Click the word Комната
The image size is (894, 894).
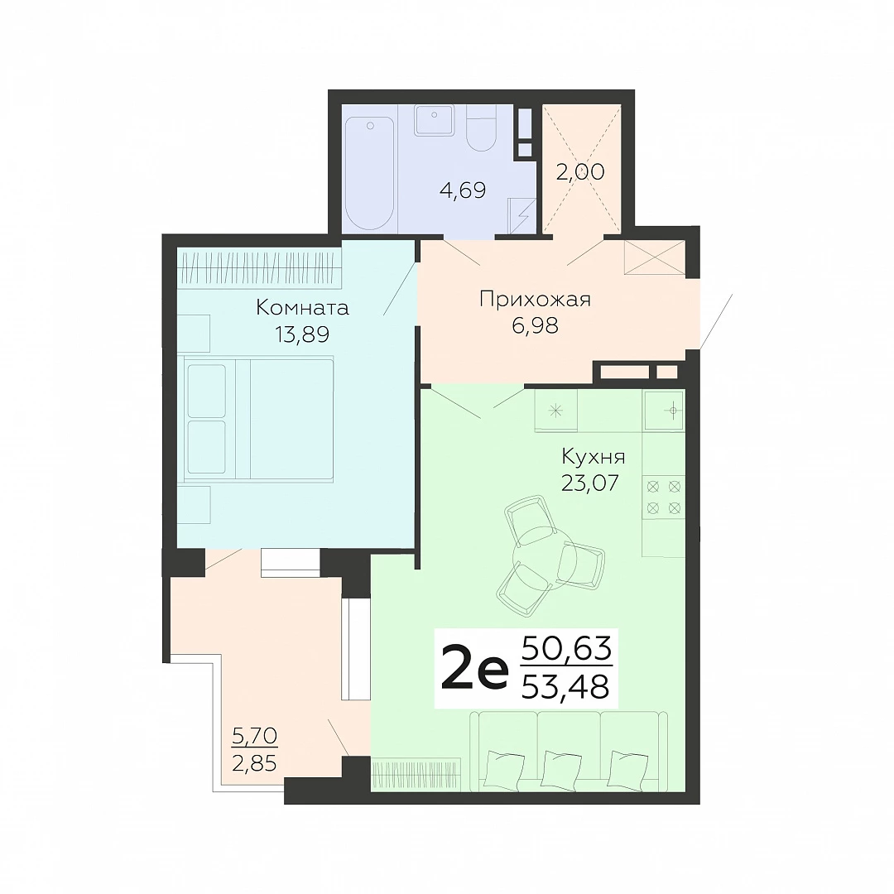[x=302, y=308]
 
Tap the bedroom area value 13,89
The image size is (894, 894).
[x=302, y=334]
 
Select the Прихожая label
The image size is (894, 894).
[x=535, y=300]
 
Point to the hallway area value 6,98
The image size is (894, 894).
[x=535, y=325]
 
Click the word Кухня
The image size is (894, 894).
[x=594, y=457]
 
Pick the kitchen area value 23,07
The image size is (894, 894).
[x=590, y=483]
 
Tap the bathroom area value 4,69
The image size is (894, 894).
[x=463, y=190]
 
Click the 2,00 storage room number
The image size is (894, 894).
[x=580, y=171]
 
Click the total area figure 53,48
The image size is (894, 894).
[x=566, y=686]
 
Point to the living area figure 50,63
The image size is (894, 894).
[x=567, y=649]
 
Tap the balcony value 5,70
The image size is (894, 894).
[x=254, y=736]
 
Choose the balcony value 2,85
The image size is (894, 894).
[x=254, y=763]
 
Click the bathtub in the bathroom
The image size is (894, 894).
[x=369, y=173]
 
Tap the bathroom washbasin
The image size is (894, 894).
[x=435, y=120]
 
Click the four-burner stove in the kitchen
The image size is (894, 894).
[x=664, y=497]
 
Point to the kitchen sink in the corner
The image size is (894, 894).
[x=664, y=410]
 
